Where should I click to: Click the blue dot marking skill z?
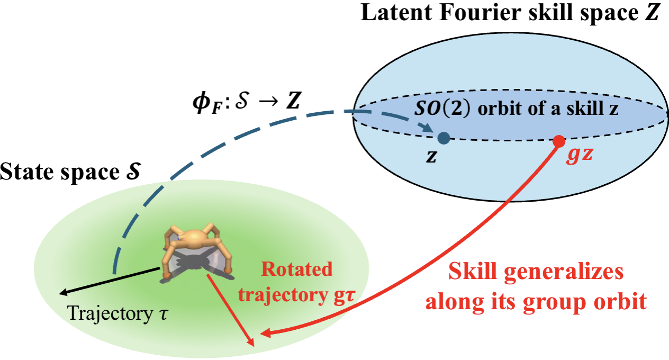tap(444, 139)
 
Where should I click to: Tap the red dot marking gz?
tap(558, 141)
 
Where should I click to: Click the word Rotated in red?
tap(297, 269)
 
